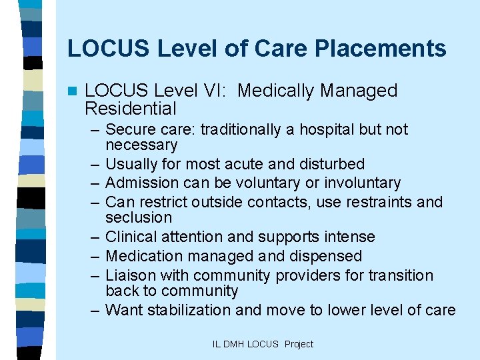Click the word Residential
[x=131, y=109]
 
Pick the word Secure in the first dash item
[x=128, y=129]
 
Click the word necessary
[x=141, y=145]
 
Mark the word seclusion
[x=139, y=217]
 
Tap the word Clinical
[x=131, y=237]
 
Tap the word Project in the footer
[x=299, y=344]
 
